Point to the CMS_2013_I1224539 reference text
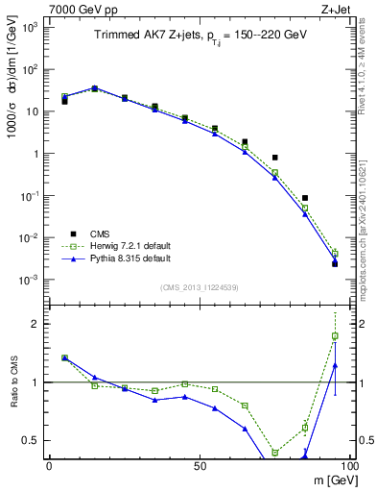(x=198, y=285)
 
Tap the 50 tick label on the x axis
(x=199, y=466)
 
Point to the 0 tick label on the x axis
(x=49, y=466)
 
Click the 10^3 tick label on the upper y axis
(x=29, y=27)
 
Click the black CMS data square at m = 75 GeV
(x=274, y=158)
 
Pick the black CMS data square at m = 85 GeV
(x=305, y=198)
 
